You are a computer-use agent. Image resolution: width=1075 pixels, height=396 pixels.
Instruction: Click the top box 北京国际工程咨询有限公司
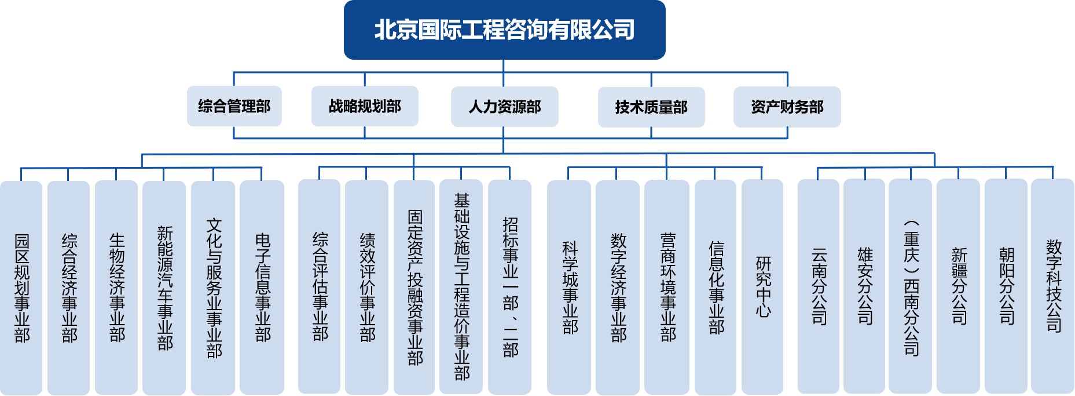504,30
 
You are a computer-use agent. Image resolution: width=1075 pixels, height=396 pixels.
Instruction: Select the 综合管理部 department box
234,106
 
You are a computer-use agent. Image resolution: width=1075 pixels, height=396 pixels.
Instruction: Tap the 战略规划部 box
365,106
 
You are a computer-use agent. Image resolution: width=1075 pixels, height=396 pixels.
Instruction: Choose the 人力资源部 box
504,107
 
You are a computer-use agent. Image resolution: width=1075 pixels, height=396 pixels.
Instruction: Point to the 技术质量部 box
651,107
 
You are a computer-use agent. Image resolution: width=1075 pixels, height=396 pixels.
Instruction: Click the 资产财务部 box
787,107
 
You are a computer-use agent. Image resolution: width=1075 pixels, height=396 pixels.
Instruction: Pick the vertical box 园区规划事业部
21,288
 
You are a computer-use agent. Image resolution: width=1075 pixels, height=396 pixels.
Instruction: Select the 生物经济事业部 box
116,288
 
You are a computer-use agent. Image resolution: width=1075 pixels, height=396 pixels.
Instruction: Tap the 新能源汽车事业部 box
164,288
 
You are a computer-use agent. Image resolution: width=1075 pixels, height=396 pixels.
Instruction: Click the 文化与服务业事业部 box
213,288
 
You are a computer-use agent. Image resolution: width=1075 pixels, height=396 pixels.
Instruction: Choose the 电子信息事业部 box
262,288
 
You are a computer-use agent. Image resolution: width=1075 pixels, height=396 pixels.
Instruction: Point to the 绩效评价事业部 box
366,287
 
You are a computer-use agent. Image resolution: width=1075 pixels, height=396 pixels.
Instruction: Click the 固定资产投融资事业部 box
414,287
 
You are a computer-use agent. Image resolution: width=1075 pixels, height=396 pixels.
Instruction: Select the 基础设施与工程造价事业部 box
461,286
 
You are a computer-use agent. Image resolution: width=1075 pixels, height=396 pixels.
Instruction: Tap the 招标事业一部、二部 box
509,287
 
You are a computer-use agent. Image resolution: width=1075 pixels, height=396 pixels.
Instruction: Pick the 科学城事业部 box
569,287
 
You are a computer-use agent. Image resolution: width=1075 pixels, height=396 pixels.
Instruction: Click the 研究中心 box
762,286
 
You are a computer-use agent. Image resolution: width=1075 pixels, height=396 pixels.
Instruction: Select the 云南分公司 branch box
819,286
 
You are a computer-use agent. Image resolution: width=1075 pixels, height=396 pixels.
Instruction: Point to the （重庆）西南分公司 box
911,286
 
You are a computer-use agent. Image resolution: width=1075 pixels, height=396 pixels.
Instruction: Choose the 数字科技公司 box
1053,286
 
